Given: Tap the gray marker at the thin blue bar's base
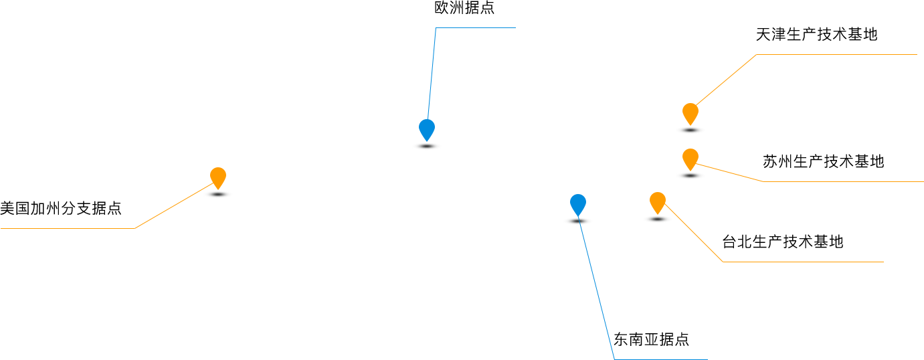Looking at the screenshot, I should (x=427, y=146).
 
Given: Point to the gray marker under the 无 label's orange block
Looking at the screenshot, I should (x=690, y=130).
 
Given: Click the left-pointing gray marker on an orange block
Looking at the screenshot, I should (x=218, y=195).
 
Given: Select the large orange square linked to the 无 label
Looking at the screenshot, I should (x=721, y=85).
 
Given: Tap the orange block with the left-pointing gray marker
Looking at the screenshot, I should (x=178, y=202).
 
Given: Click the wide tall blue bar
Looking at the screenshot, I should (x=594, y=281).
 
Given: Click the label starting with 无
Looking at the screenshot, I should (x=816, y=34).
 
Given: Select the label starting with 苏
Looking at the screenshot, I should (x=823, y=161).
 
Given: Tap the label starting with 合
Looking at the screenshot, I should (x=783, y=242).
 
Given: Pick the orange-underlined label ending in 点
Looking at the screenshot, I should (x=60, y=208).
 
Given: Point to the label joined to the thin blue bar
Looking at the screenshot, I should (x=464, y=8).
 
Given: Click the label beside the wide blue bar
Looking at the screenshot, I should (x=652, y=339).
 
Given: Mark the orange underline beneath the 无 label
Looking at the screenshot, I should (x=836, y=54).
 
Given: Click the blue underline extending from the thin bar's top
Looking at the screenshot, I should (x=476, y=27).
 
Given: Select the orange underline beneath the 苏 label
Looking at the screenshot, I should (x=843, y=181).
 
